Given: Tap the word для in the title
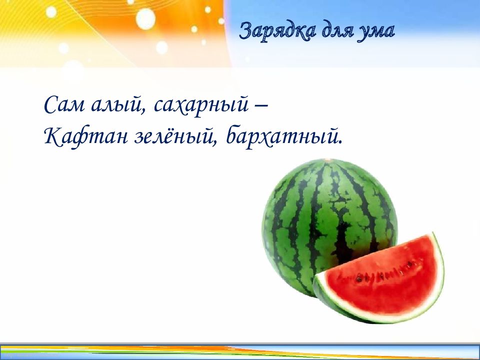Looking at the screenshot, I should pyautogui.click(x=337, y=31).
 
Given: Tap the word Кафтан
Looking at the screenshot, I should pyautogui.click(x=84, y=135).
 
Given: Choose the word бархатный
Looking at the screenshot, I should pyautogui.click(x=283, y=136).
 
